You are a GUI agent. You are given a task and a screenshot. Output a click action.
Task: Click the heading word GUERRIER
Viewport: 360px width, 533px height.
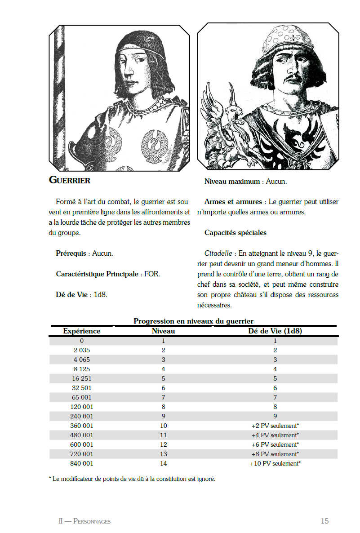pyautogui.click(x=69, y=181)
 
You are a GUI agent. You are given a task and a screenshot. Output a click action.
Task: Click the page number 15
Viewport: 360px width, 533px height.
pyautogui.click(x=324, y=521)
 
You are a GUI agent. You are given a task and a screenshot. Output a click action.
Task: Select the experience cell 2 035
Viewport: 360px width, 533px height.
pyautogui.click(x=82, y=350)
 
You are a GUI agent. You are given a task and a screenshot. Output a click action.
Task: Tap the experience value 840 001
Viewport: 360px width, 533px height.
pyautogui.click(x=82, y=463)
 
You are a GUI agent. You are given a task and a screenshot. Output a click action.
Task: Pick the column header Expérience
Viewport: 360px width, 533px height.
pyautogui.click(x=82, y=331)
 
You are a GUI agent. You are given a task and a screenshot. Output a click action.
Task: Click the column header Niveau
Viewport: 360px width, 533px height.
pyautogui.click(x=164, y=331)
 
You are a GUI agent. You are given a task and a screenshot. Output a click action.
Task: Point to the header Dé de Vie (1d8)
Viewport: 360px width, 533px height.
pyautogui.click(x=275, y=331)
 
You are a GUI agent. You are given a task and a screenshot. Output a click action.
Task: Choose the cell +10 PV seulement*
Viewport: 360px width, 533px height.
pyautogui.click(x=275, y=463)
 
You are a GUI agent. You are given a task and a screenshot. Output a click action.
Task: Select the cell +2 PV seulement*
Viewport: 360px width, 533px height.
pyautogui.click(x=275, y=426)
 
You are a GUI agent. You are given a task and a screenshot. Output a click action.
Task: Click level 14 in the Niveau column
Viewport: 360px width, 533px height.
pyautogui.click(x=164, y=463)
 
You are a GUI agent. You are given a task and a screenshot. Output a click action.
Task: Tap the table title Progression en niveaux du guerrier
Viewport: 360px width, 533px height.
pyautogui.click(x=193, y=321)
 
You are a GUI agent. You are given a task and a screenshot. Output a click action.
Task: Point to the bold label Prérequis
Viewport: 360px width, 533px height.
pyautogui.click(x=71, y=253)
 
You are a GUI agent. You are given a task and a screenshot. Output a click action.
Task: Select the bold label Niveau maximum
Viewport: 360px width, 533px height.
pyautogui.click(x=232, y=182)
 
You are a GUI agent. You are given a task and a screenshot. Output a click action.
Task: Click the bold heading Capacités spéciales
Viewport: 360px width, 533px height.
pyautogui.click(x=235, y=233)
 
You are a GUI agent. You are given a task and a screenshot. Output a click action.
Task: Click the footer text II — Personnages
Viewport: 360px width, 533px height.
pyautogui.click(x=84, y=521)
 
